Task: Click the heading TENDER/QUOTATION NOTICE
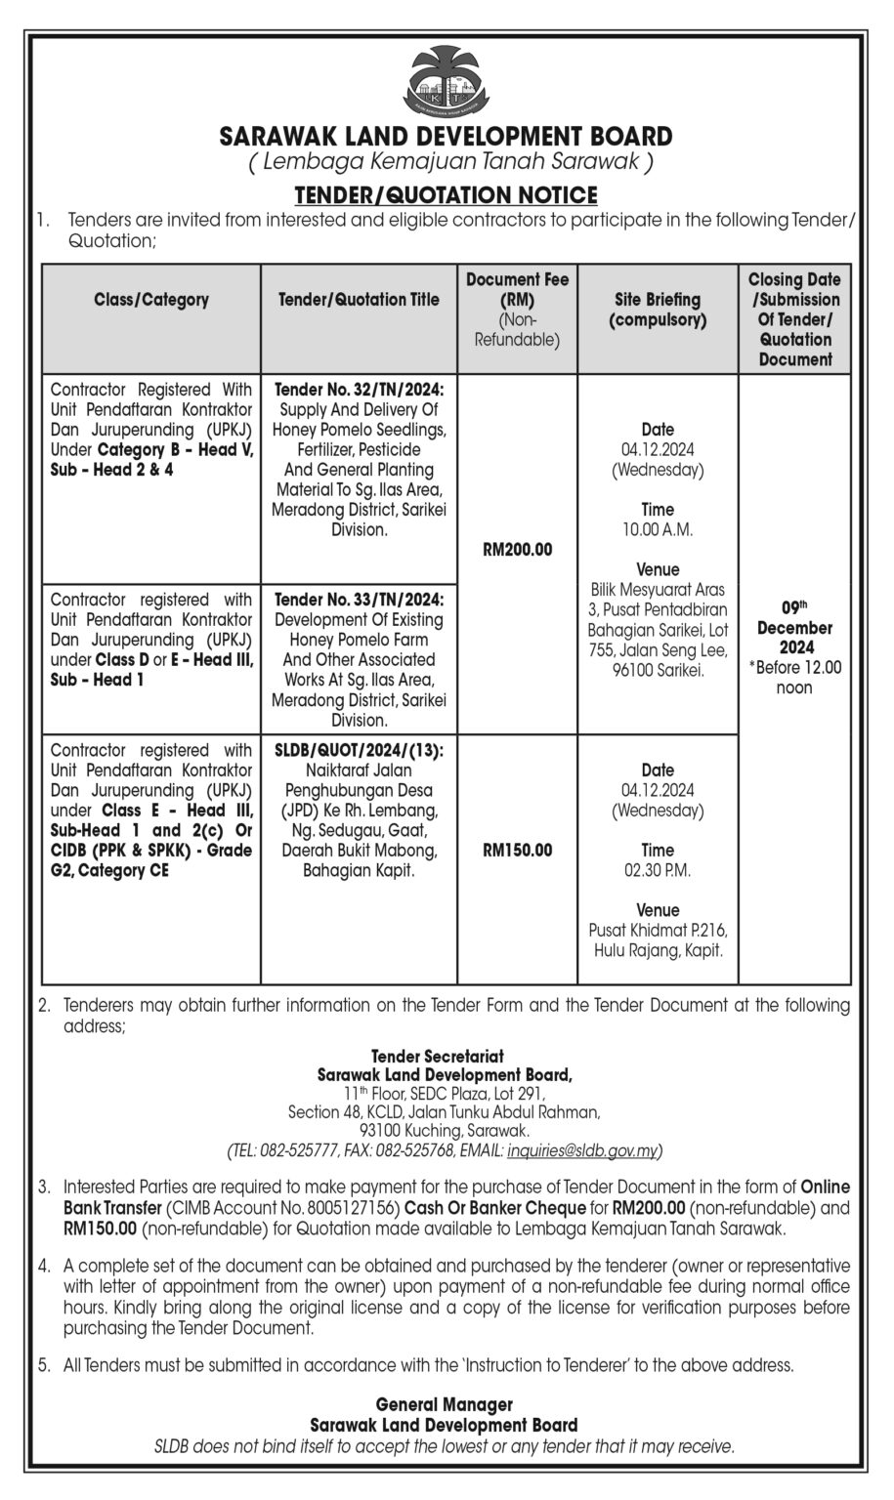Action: [446, 195]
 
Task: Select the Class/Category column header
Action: [151, 300]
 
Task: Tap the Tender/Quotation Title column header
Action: [359, 300]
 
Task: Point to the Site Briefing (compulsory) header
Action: [658, 310]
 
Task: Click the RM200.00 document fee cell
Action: [517, 550]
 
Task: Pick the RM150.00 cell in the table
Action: [517, 851]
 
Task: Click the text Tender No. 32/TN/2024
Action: [359, 390]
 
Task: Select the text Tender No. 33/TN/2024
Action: [359, 600]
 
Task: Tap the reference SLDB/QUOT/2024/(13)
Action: [359, 750]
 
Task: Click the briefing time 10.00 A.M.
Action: [658, 530]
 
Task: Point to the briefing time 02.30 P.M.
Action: [658, 870]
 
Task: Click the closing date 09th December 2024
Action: [794, 638]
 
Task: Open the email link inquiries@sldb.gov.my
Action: [582, 1151]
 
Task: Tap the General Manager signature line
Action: [445, 1404]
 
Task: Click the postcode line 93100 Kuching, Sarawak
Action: [445, 1131]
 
